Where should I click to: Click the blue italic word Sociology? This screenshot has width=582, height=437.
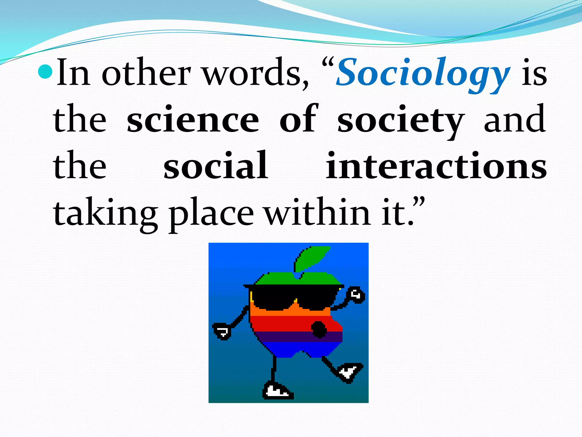click(423, 73)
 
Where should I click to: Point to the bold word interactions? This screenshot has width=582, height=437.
click(436, 166)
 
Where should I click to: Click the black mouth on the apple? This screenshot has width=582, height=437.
click(319, 329)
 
